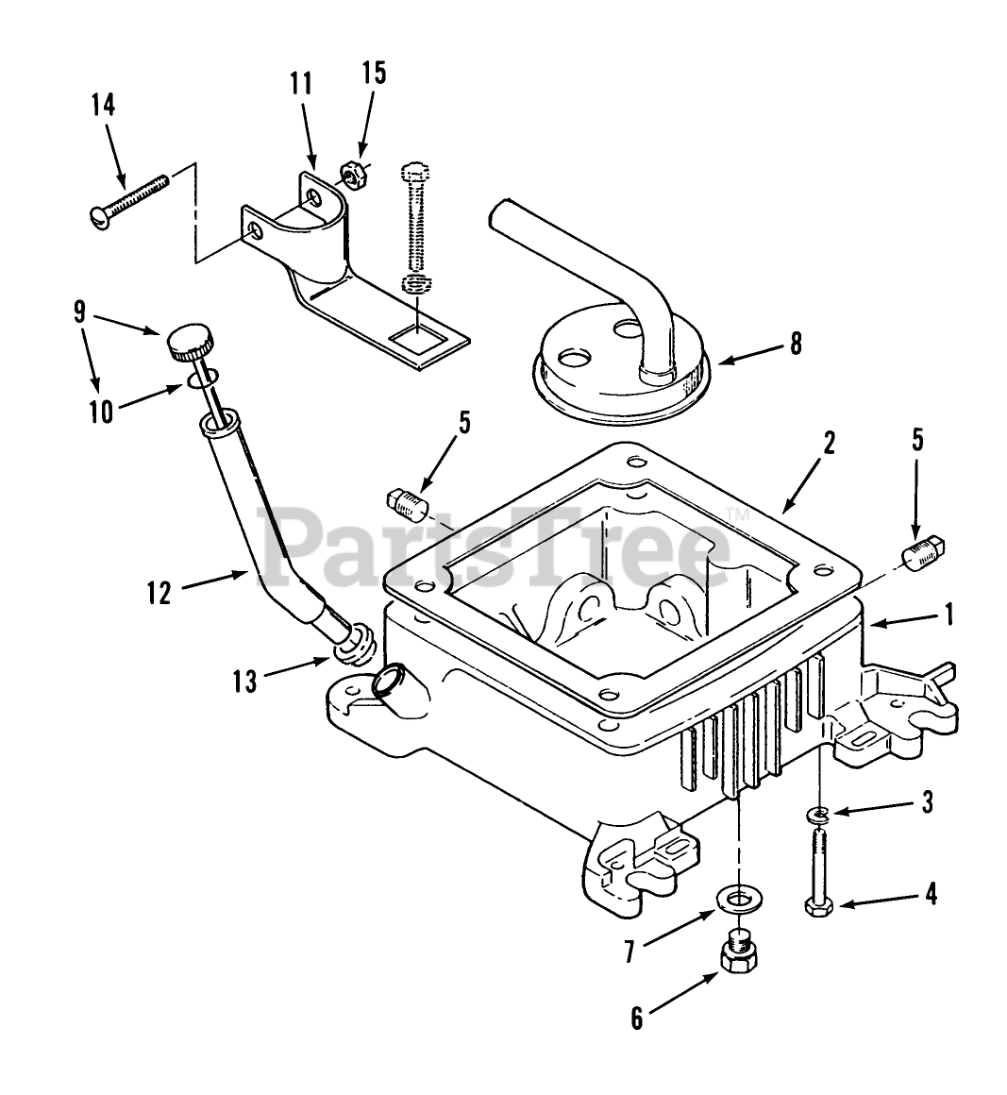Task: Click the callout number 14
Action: [103, 105]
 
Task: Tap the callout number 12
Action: [159, 593]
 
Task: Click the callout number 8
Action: [796, 344]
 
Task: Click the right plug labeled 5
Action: [923, 553]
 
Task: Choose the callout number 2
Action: [828, 443]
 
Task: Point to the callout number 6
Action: [637, 1019]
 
